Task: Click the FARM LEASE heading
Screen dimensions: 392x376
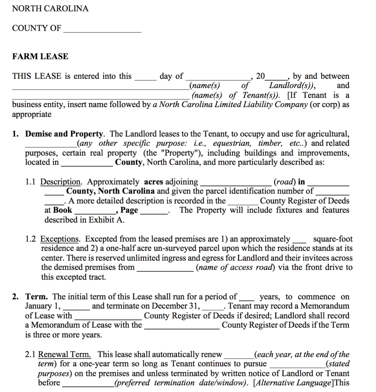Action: coord(40,57)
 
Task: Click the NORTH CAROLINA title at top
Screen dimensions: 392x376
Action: coord(50,8)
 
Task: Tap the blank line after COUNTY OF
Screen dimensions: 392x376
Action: coord(102,30)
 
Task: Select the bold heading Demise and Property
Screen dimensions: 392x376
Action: coord(64,134)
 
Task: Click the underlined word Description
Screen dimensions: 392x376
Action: coord(60,182)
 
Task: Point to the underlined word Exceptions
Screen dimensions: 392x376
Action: coord(60,239)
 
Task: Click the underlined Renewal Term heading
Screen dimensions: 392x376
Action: coord(64,354)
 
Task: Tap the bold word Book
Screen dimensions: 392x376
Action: coord(63,210)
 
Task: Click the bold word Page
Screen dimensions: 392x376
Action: coord(129,210)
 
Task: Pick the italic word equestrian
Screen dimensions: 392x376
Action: coord(232,144)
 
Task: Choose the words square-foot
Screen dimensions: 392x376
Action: coord(333,239)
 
